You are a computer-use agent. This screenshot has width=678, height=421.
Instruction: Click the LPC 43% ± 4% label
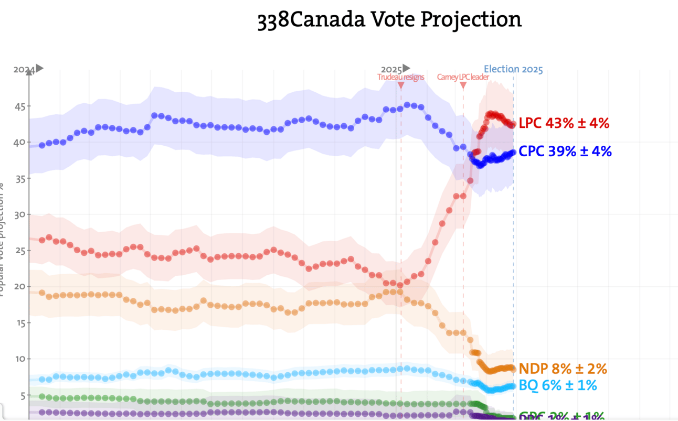(x=564, y=124)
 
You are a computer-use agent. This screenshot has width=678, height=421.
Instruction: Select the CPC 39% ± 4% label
(x=565, y=152)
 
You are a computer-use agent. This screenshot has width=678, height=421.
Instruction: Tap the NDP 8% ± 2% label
(x=563, y=368)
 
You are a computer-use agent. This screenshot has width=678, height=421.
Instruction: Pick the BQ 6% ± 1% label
(x=557, y=385)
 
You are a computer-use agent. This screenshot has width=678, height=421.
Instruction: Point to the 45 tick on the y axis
(x=19, y=106)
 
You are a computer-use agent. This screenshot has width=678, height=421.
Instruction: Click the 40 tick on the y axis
(x=19, y=143)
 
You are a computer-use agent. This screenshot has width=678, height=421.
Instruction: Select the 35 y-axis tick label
(x=19, y=179)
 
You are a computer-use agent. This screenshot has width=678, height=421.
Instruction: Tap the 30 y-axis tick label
(x=19, y=215)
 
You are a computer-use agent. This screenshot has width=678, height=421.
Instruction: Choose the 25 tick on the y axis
(x=19, y=251)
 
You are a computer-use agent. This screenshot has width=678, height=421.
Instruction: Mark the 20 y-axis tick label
(x=19, y=287)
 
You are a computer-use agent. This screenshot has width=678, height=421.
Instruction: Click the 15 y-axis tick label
(x=19, y=323)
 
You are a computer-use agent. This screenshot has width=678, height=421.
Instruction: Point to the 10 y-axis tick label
(x=19, y=359)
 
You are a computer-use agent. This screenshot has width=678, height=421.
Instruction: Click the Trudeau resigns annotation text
(x=400, y=77)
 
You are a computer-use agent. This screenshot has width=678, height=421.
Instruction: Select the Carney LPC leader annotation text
(x=463, y=77)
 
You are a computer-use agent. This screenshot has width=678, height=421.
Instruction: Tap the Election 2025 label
(x=513, y=69)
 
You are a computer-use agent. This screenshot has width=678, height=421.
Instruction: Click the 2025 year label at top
(x=391, y=69)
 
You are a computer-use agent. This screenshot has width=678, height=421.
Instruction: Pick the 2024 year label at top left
(x=24, y=69)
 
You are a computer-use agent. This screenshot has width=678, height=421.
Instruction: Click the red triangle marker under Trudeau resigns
(x=400, y=85)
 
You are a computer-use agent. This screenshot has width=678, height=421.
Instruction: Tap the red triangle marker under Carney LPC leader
(x=463, y=85)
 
